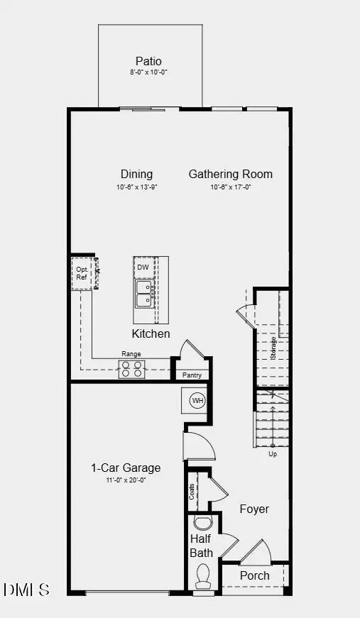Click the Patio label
[x=149, y=61]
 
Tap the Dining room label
[x=136, y=174]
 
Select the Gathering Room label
[x=230, y=174]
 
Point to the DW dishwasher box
[x=143, y=267]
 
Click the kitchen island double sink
[x=143, y=294]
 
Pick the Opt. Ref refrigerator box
[x=82, y=273]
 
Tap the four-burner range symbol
[x=131, y=368]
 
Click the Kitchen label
[x=151, y=333]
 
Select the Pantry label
[x=192, y=375]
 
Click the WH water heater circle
[x=197, y=402]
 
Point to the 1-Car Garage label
[x=126, y=468]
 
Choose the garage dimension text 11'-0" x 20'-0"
[x=126, y=480]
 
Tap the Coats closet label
[x=192, y=492]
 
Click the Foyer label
[x=253, y=509]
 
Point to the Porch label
[x=254, y=575]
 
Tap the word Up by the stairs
[x=273, y=453]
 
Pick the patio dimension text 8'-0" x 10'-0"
[x=149, y=72]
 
